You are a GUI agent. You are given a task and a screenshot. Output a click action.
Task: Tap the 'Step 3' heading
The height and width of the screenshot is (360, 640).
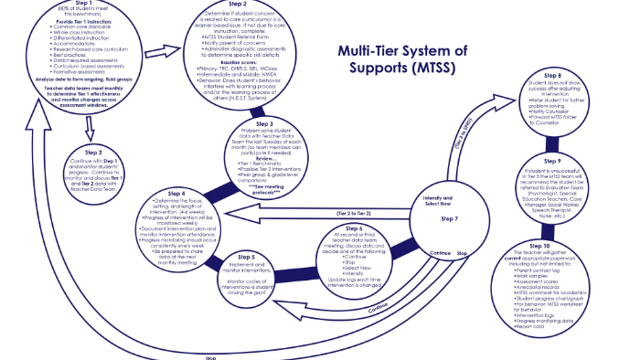point(264,122)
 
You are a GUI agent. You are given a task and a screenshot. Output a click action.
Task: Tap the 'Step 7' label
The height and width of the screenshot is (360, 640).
point(448,219)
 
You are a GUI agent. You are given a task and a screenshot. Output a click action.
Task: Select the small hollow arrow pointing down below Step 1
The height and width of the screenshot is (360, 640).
point(87,126)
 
